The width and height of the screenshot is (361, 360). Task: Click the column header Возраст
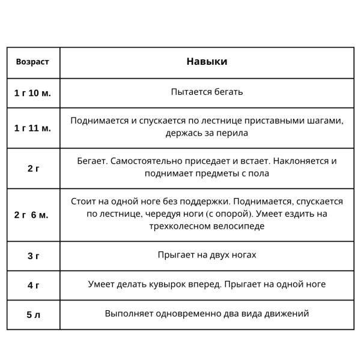pyautogui.click(x=33, y=62)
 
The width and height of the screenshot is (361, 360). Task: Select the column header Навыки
pyautogui.click(x=207, y=62)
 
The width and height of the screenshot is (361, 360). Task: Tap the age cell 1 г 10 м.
pyautogui.click(x=33, y=92)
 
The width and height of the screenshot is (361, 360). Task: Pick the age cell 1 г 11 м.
pyautogui.click(x=33, y=128)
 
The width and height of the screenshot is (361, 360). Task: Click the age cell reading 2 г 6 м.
pyautogui.click(x=33, y=215)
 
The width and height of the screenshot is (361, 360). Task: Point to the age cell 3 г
pyautogui.click(x=33, y=256)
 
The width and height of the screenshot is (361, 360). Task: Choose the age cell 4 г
pyautogui.click(x=33, y=285)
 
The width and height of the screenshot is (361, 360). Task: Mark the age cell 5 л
pyautogui.click(x=33, y=314)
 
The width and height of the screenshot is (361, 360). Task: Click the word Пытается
pyautogui.click(x=190, y=92)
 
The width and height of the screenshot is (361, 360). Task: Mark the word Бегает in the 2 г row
pyautogui.click(x=92, y=161)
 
